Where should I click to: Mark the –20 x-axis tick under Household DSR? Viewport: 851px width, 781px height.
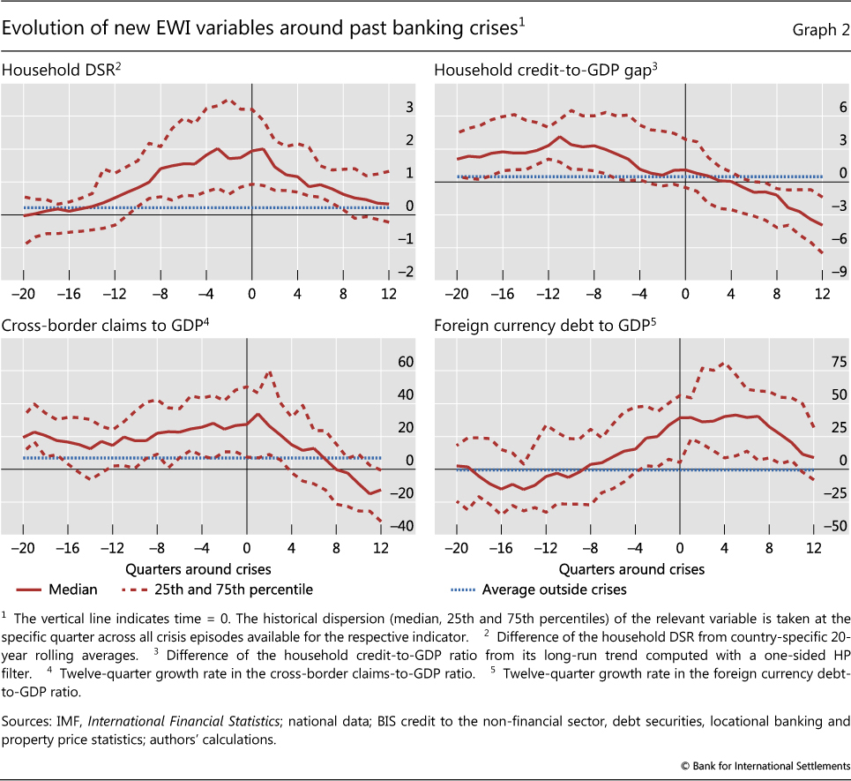(25, 294)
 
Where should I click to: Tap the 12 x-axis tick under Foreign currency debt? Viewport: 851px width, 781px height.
(812, 547)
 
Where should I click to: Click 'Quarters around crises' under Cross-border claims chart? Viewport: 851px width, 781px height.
(198, 568)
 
